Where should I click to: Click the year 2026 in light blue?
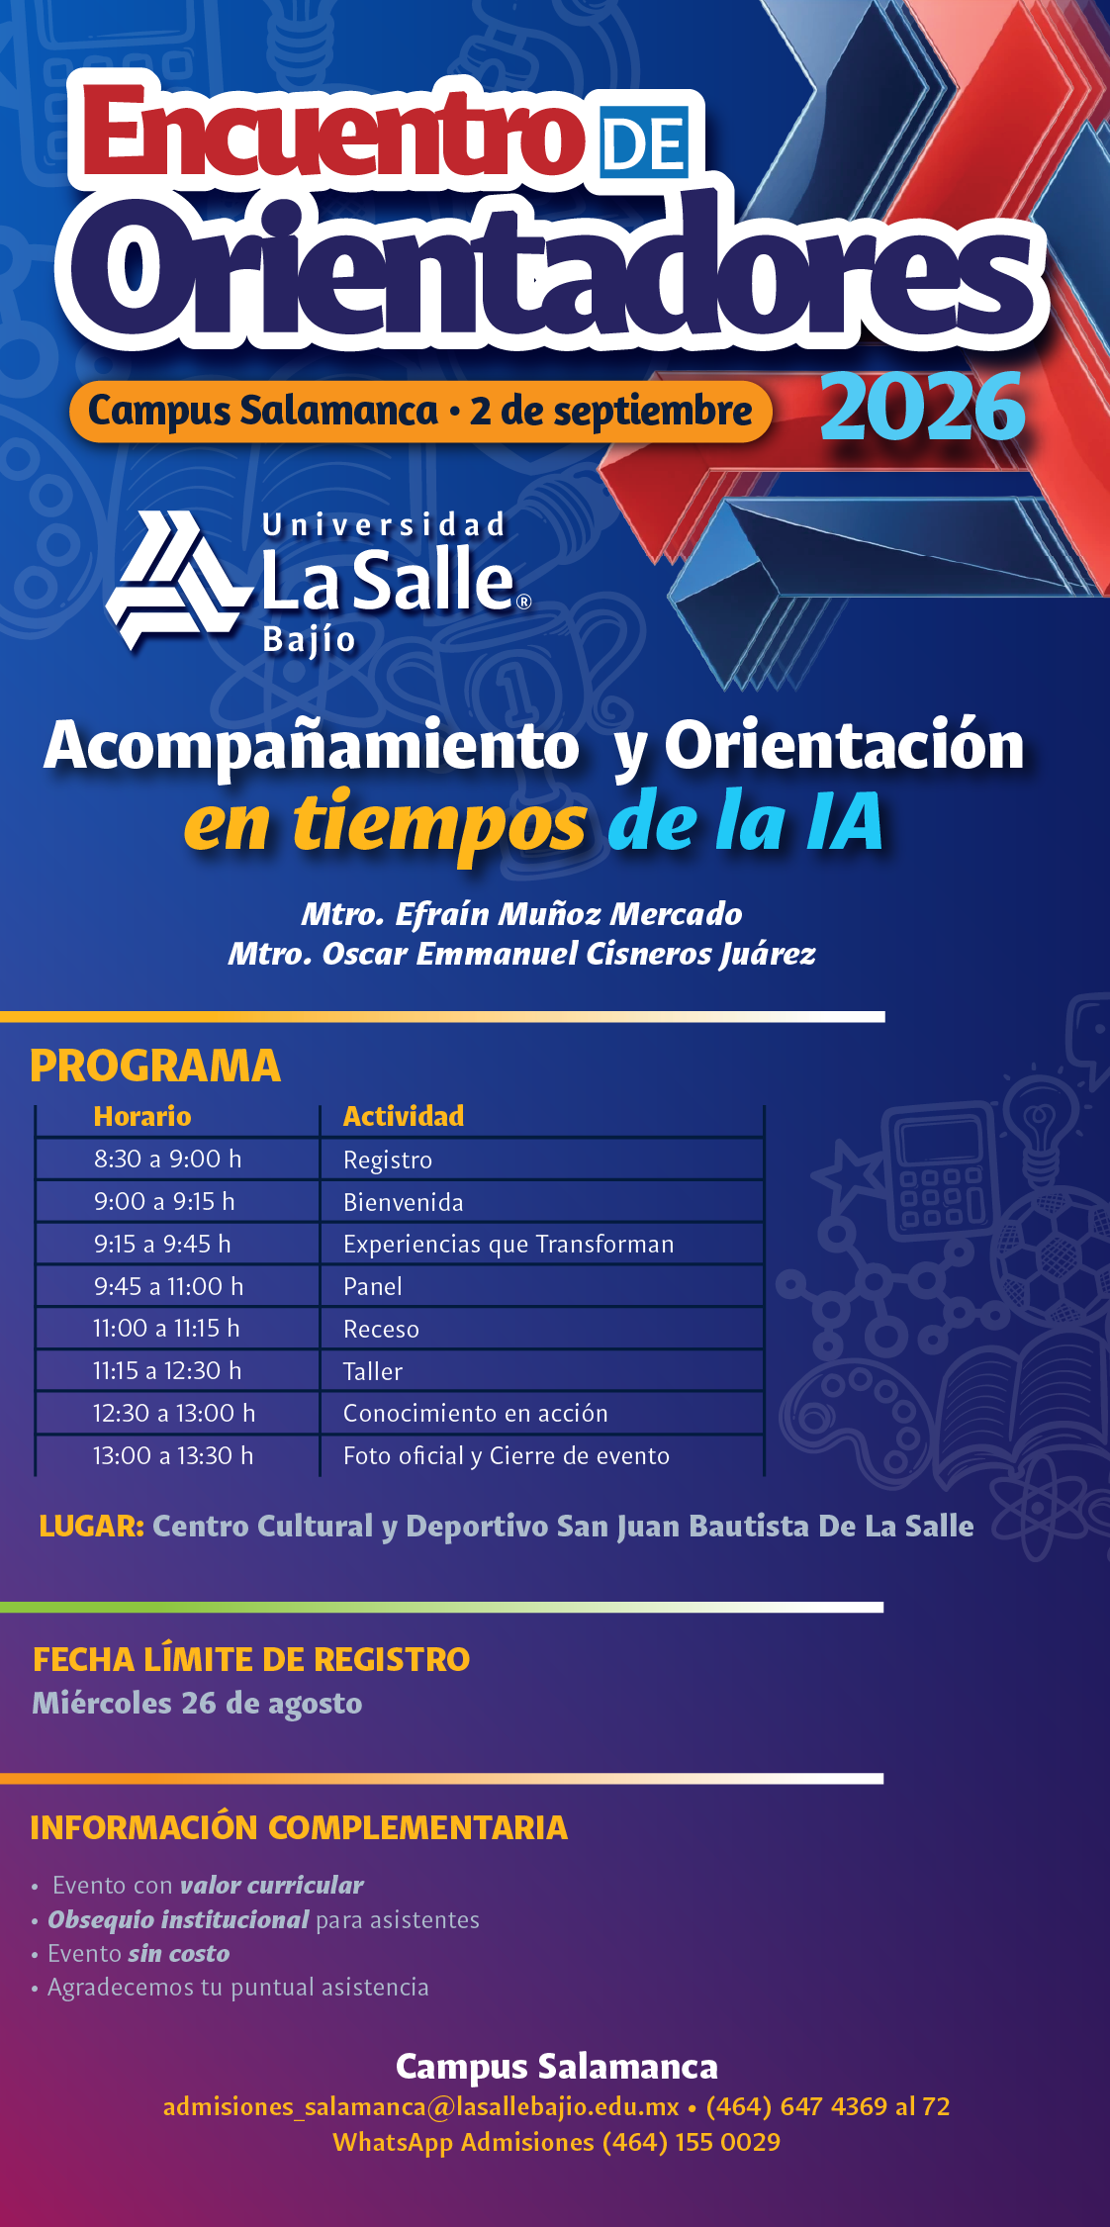click(922, 408)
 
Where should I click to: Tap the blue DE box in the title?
click(644, 143)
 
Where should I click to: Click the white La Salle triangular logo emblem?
click(176, 580)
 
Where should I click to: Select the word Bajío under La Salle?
click(310, 641)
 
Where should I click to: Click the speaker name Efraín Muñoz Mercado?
click(568, 914)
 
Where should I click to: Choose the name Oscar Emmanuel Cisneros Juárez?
click(569, 954)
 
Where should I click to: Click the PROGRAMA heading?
click(155, 1066)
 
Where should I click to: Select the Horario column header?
click(142, 1116)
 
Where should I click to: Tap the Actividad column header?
click(404, 1116)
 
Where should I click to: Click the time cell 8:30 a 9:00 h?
click(167, 1159)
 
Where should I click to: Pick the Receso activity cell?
click(381, 1329)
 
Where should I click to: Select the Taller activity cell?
click(373, 1371)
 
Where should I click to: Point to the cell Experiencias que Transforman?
click(509, 1245)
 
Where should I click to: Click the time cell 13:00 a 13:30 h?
click(173, 1455)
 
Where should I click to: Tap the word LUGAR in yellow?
click(92, 1526)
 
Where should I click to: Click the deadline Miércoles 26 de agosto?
click(197, 1703)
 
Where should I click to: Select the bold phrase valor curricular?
click(272, 1885)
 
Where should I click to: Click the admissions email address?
click(421, 2106)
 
